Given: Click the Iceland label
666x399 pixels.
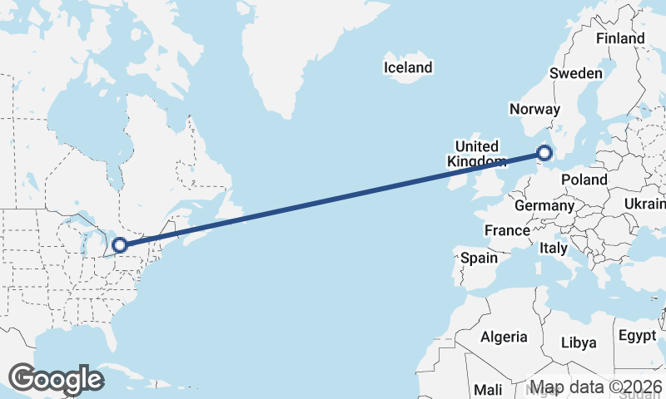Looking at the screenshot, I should (408, 67).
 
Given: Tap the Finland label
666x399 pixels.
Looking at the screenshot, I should (620, 38).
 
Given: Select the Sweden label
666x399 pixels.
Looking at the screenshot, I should (575, 73).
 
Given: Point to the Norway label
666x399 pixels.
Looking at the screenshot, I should (534, 109).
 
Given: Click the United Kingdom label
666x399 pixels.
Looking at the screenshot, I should (476, 154).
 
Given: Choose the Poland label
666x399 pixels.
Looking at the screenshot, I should (584, 180).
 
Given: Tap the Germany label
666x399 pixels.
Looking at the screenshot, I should (544, 205).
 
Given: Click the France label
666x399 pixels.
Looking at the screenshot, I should (507, 230).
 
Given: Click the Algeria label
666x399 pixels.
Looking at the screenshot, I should (503, 337).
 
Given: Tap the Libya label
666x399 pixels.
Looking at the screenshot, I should (579, 342).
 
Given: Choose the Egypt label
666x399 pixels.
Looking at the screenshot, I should (638, 336).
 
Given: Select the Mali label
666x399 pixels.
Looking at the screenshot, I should (487, 389).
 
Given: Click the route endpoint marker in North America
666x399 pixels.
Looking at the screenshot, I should (120, 244).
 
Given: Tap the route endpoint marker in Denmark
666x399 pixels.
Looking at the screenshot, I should (544, 153).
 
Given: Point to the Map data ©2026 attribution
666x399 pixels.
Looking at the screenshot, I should (596, 387).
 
